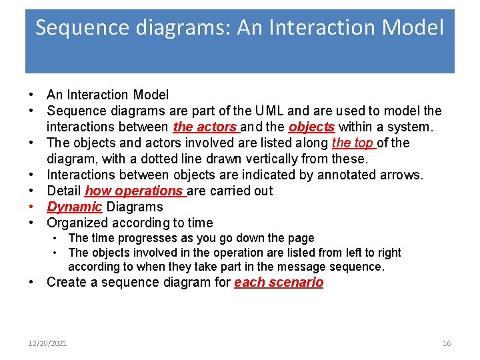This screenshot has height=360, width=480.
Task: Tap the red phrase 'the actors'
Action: [x=205, y=127]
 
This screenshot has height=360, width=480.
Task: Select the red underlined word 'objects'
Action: [x=311, y=127]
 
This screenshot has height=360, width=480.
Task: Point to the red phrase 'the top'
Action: [x=353, y=143]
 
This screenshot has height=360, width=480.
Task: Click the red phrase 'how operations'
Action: [x=134, y=191]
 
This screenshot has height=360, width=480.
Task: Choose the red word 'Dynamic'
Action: [x=74, y=207]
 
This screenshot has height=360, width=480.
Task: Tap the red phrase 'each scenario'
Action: [x=279, y=282]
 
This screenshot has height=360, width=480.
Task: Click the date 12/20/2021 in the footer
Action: [x=47, y=343]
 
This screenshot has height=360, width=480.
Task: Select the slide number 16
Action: [x=447, y=343]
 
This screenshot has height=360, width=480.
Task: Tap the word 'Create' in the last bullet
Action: [x=65, y=282]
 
